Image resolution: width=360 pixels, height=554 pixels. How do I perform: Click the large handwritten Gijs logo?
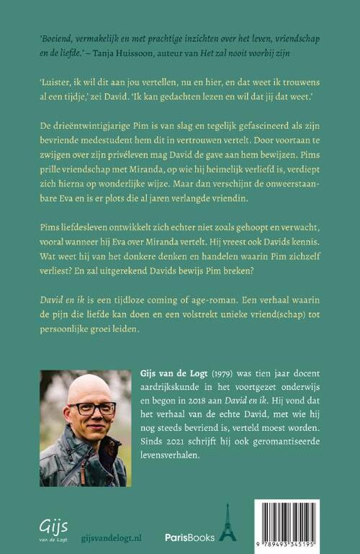53,524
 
